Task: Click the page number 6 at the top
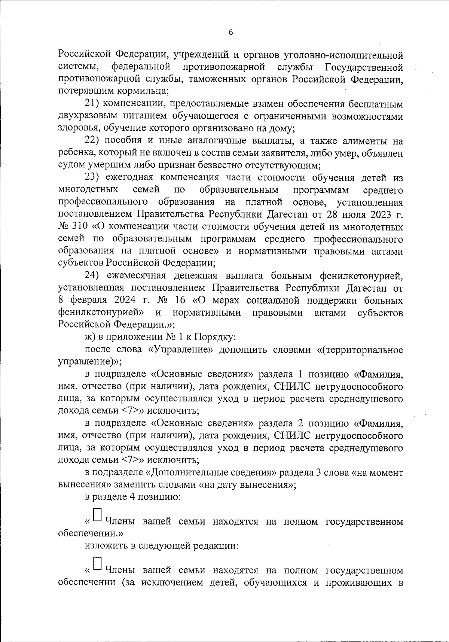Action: [230, 33]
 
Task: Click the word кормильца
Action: [147, 91]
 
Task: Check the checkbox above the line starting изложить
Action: [97, 514]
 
